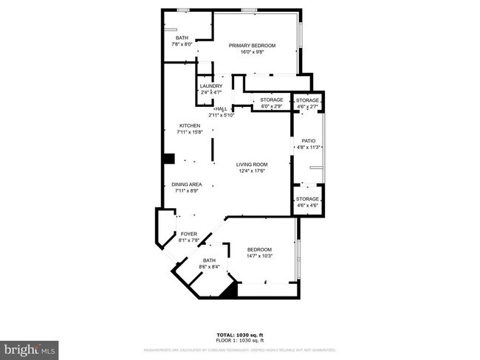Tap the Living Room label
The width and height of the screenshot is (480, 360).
point(251,164)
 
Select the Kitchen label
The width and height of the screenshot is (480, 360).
point(189,126)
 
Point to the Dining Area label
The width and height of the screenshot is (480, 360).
point(188,184)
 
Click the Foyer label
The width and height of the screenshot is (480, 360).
point(188,234)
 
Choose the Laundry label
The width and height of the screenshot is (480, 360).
point(211,86)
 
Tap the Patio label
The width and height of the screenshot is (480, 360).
point(309,140)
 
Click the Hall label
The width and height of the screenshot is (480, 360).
point(221,109)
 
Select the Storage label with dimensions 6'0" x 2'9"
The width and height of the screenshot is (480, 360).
point(272,100)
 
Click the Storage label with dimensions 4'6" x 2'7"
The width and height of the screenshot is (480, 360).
point(308,100)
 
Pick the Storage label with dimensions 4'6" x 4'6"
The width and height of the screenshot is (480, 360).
point(308,199)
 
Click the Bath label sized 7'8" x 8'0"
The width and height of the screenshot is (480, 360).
point(182,38)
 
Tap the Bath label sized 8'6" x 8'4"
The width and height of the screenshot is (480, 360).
point(210,260)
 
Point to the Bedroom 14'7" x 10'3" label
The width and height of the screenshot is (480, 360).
point(259,249)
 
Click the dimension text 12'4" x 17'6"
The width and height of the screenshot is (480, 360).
point(251,171)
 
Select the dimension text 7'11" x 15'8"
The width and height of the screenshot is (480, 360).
point(189,133)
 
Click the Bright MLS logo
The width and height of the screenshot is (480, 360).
point(30,347)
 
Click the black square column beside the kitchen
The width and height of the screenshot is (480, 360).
point(168,157)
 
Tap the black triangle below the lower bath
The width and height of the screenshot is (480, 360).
point(230,292)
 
